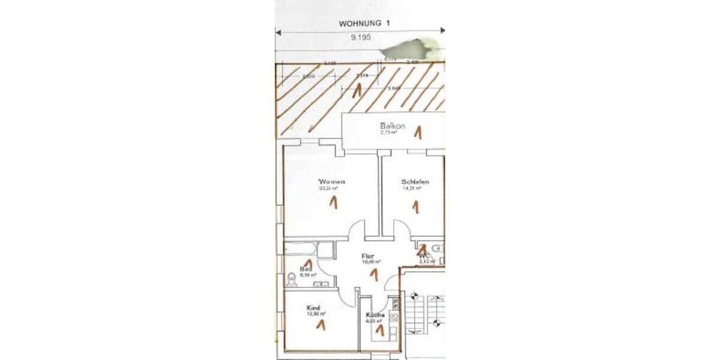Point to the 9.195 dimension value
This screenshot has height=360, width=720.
coord(361,37)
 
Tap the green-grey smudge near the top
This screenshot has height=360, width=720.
coord(412,45)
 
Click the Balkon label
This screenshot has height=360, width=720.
coord(392,126)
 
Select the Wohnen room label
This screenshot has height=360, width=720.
coord(332,181)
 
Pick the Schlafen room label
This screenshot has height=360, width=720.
coord(415,181)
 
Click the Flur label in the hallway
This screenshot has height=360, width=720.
coord(368,256)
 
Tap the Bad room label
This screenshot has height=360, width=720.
coord(305,269)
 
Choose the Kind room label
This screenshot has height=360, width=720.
coord(313,307)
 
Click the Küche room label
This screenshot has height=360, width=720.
coord(375,315)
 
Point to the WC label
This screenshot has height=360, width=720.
coord(425,256)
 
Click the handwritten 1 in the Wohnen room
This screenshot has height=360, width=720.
coord(332,203)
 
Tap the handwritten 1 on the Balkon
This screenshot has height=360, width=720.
coord(418,131)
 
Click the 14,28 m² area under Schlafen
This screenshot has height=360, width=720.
coord(412,188)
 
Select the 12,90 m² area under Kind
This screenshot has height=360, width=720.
coord(316,314)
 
